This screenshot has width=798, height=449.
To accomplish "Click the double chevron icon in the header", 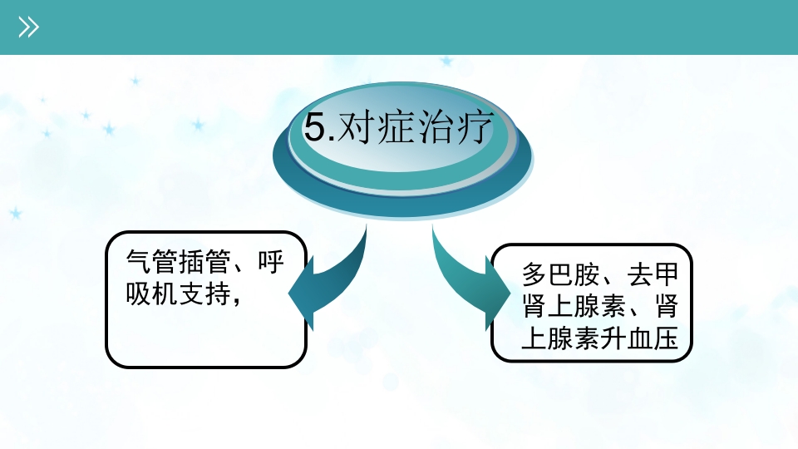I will click(29, 27).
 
